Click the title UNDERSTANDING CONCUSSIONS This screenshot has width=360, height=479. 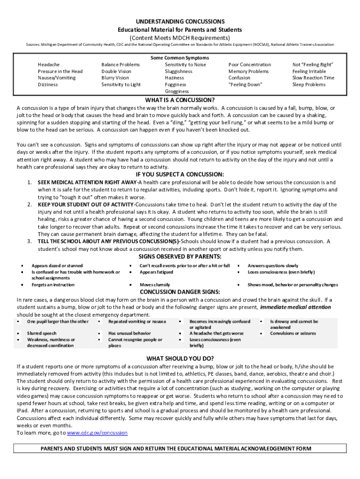pos(180,22)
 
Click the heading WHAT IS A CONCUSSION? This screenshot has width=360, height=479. pos(180,100)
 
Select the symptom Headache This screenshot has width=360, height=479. pos(49,65)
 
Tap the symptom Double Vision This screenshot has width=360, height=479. pos(116,71)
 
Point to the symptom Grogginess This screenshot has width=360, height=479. pos(177,91)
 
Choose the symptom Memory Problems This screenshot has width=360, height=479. pos(248,71)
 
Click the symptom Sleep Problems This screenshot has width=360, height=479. pos(309,85)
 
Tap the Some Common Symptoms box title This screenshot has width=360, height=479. pos(180,58)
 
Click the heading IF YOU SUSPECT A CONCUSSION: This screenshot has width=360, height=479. pos(180,175)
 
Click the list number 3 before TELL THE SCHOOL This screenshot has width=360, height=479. pos(29,241)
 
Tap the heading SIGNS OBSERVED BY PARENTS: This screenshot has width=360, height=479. pos(180,256)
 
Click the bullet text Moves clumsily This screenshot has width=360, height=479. pos(155,284)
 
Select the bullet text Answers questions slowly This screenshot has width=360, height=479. pos(273,265)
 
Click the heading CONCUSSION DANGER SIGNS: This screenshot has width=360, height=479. pos(180,292)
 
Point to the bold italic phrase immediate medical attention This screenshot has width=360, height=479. pos(295,307)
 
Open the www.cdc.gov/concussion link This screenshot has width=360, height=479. pos(97,433)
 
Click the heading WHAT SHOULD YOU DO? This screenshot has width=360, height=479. pos(180,358)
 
